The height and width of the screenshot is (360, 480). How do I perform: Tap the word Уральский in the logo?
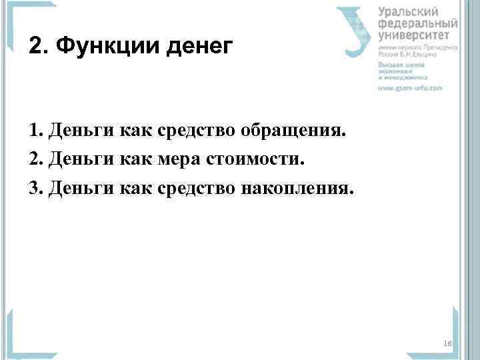coord(408,12)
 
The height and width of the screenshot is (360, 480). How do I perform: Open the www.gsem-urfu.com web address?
coord(410,88)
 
